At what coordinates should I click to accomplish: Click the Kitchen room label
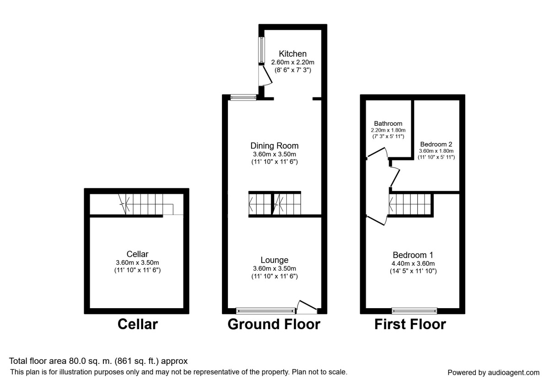[x=293, y=53]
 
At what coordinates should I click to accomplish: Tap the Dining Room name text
[x=274, y=146]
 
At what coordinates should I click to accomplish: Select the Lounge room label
[x=274, y=260]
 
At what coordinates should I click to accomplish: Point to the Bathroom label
[x=388, y=123]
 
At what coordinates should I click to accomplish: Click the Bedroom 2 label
[x=436, y=144]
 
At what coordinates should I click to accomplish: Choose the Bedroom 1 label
[x=413, y=255]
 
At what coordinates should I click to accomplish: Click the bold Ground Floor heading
[x=274, y=324]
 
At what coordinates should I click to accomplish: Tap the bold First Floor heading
[x=410, y=324]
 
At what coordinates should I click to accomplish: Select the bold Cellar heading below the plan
[x=138, y=324]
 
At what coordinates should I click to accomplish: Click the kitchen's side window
[x=262, y=50]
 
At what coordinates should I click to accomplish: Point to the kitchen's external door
[x=265, y=76]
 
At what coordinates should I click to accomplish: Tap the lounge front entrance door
[x=307, y=307]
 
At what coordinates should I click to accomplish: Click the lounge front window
[x=266, y=311]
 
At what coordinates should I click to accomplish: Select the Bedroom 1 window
[x=414, y=311]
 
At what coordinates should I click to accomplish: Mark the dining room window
[x=243, y=97]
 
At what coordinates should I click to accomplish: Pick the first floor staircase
[x=410, y=204]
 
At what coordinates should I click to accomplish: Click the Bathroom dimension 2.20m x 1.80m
[x=388, y=130]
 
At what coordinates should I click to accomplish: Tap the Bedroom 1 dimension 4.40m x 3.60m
[x=413, y=263]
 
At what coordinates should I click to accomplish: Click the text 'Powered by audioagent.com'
[x=494, y=373]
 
